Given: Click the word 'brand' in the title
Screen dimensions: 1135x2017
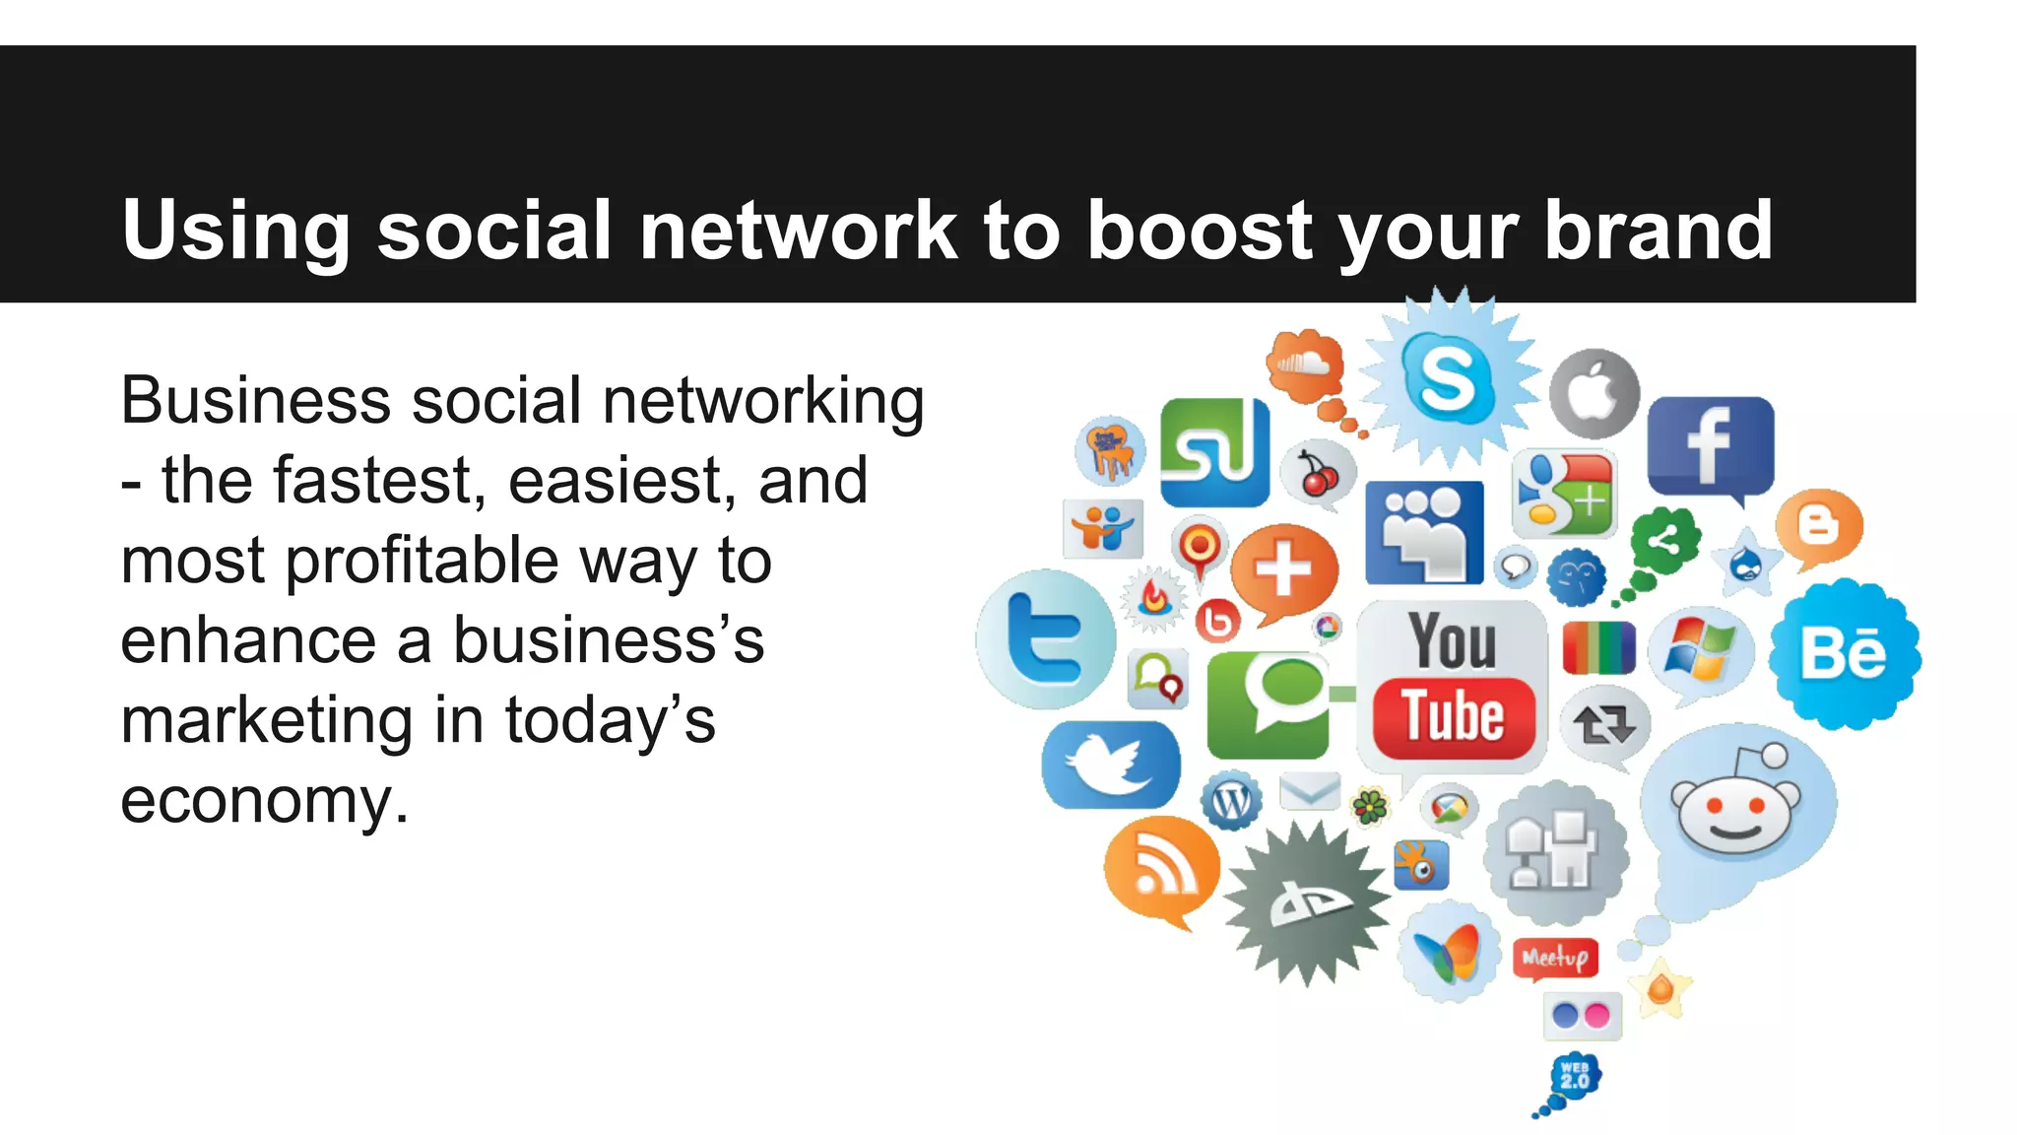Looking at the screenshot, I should pyautogui.click(x=1659, y=230).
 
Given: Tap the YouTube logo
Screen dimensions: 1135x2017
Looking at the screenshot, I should pyautogui.click(x=1452, y=686).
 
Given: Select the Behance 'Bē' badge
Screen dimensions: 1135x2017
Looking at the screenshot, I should pyautogui.click(x=1844, y=653).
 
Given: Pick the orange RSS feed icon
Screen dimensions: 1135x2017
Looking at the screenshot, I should pyautogui.click(x=1161, y=869).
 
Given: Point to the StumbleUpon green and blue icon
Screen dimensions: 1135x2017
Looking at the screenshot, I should pyautogui.click(x=1214, y=452).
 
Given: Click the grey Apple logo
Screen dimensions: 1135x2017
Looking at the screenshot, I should pyautogui.click(x=1594, y=393).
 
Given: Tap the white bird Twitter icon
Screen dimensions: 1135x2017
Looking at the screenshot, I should pyautogui.click(x=1111, y=765).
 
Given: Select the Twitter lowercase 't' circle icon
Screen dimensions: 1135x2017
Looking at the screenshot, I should pyautogui.click(x=1045, y=639).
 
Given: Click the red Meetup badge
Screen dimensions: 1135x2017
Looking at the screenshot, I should pyautogui.click(x=1555, y=957).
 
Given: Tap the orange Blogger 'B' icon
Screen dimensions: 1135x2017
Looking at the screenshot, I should pyautogui.click(x=1818, y=525).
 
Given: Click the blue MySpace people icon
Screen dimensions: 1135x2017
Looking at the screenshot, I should pyautogui.click(x=1424, y=532).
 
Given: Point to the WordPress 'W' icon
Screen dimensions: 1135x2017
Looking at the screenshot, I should pyautogui.click(x=1231, y=801).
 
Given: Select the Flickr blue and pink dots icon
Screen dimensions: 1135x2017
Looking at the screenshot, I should pyautogui.click(x=1582, y=1016).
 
